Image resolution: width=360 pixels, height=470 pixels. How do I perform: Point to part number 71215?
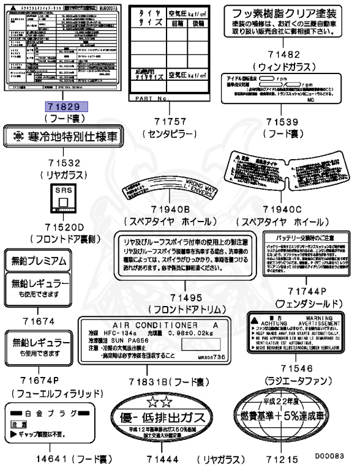point(280,457)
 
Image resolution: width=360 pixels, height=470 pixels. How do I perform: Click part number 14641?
point(40,457)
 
